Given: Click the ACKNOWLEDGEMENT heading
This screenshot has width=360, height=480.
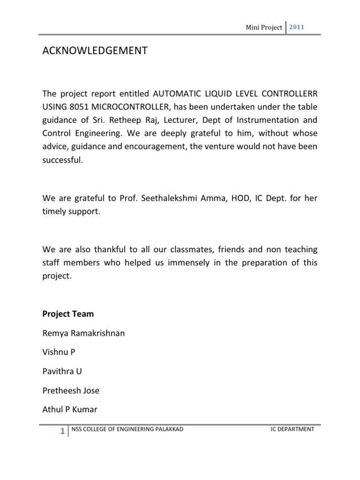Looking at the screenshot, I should click(x=94, y=51).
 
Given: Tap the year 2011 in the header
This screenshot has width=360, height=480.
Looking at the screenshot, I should click(x=297, y=27).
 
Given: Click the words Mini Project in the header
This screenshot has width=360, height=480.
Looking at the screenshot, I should click(x=264, y=28).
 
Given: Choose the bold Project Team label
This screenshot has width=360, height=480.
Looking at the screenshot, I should click(x=68, y=314).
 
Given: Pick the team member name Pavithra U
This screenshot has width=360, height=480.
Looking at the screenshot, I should click(x=62, y=371).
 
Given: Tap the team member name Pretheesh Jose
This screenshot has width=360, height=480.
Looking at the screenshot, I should click(x=71, y=390).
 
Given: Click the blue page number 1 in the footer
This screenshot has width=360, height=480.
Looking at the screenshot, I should click(x=62, y=432).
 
